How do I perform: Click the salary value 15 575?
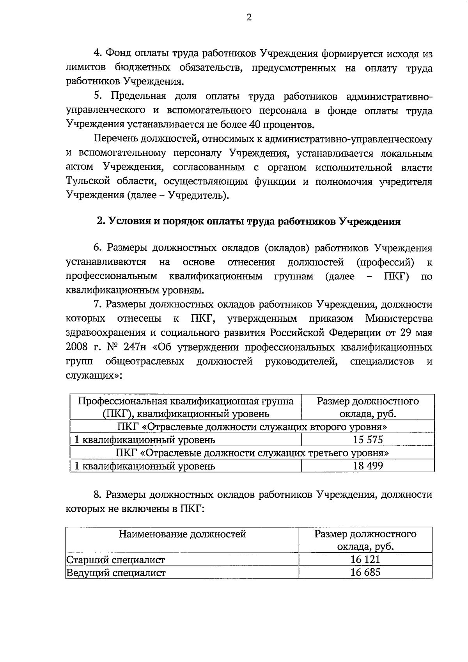pyautogui.click(x=368, y=440)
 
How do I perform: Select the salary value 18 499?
pyautogui.click(x=368, y=466)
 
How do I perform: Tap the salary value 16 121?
pyautogui.click(x=365, y=559)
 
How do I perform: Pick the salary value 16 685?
pyautogui.click(x=365, y=572)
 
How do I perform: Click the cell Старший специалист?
pyautogui.click(x=115, y=560)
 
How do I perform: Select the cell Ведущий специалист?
pyautogui.click(x=116, y=573)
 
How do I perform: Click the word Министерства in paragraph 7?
pyautogui.click(x=399, y=319)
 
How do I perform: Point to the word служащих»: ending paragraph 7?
pyautogui.click(x=94, y=375)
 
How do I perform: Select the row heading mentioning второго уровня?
pyautogui.click(x=252, y=427)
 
